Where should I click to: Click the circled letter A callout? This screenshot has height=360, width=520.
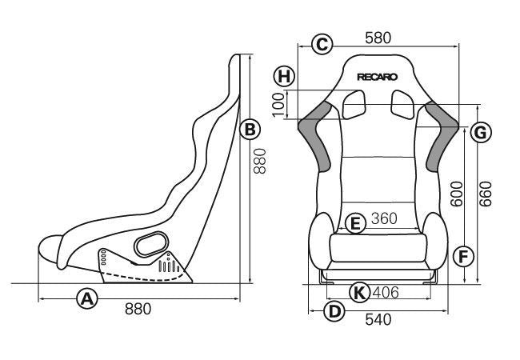tap(87, 298)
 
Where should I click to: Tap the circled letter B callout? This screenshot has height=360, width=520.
tap(249, 128)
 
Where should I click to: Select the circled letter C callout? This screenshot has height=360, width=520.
tap(322, 44)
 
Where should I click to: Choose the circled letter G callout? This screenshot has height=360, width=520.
tap(479, 132)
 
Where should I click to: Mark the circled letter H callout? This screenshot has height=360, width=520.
tap(283, 77)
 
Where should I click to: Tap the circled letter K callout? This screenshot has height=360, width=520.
tap(361, 293)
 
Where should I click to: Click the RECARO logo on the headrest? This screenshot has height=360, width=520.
tap(378, 78)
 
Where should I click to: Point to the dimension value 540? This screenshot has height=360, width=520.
tap(378, 319)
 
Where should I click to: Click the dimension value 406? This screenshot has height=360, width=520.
tap(386, 293)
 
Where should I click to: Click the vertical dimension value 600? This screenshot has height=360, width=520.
tap(457, 193)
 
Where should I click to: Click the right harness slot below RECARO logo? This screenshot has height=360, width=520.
tap(402, 102)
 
